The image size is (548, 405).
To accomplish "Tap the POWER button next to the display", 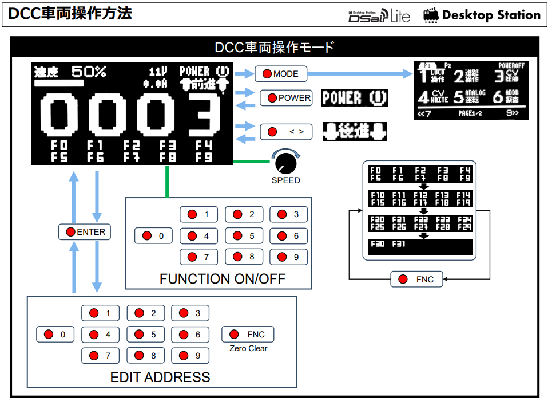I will (286, 98).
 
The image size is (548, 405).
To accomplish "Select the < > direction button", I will (286, 132).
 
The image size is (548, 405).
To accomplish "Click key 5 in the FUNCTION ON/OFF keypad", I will (244, 235).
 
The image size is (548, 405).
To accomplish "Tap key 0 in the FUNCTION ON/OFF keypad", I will (153, 235).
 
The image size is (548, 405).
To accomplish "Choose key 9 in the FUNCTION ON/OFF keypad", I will (288, 257).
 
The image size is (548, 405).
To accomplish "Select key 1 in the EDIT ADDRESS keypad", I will (100, 313).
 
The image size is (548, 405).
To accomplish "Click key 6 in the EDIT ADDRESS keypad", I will (190, 335).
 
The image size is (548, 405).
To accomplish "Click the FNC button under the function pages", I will (417, 280).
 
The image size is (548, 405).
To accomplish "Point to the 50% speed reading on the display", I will (89, 72).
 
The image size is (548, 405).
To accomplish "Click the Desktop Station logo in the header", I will (482, 15).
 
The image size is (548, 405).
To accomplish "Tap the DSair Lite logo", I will (379, 15).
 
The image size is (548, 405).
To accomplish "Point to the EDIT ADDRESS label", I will (160, 378).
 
